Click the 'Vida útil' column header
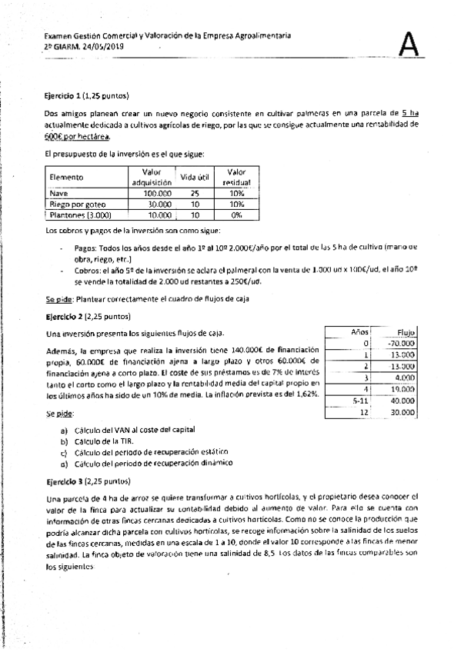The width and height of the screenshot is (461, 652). (195, 177)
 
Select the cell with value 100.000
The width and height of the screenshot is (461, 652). (150, 194)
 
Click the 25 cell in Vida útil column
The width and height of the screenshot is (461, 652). (195, 194)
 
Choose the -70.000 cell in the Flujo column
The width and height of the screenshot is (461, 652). (399, 343)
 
